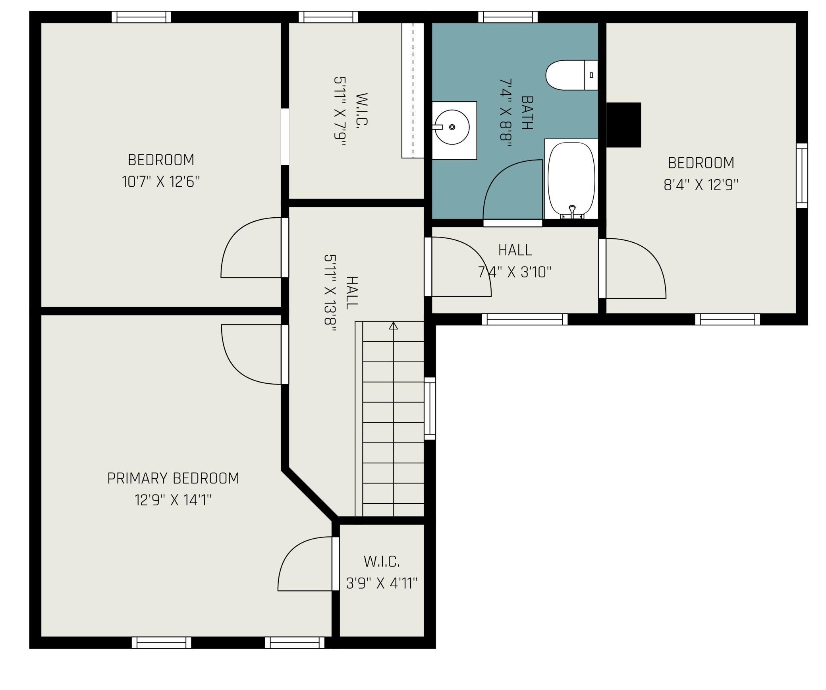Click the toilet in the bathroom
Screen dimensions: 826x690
[x=571, y=75]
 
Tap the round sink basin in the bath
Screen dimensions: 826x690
[x=452, y=127]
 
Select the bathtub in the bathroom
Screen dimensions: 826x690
[x=571, y=179]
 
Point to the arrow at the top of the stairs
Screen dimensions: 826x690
[x=393, y=326]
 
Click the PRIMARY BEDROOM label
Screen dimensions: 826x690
[x=173, y=478]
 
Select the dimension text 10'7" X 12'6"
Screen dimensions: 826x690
[x=161, y=182]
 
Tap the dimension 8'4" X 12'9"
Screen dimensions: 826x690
[x=701, y=185]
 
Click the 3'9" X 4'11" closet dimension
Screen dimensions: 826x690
[x=382, y=583]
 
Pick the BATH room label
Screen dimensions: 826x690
[x=527, y=113]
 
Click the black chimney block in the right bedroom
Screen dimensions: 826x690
[x=623, y=125]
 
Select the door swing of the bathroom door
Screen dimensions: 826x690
[x=513, y=189]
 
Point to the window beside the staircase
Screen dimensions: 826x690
[x=430, y=408]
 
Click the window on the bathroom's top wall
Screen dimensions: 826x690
[x=508, y=17]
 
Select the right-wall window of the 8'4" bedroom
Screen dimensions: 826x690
[x=802, y=176]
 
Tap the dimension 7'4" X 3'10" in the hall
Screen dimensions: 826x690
[x=515, y=273]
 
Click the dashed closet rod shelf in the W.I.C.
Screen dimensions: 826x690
[x=413, y=90]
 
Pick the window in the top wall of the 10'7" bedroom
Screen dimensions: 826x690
[x=141, y=17]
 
